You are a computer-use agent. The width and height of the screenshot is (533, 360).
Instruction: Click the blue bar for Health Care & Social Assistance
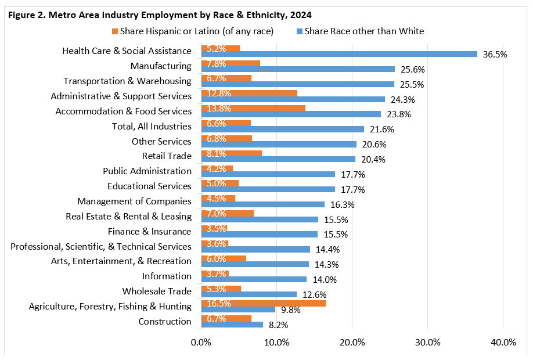(339, 54)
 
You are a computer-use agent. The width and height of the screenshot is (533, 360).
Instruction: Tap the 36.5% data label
(495, 55)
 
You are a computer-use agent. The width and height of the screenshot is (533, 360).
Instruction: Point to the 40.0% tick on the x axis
(503, 342)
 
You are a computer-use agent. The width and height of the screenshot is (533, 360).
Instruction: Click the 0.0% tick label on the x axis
(201, 342)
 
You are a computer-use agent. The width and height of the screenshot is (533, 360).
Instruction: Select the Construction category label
(165, 322)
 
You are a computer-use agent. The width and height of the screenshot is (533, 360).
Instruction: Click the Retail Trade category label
(167, 156)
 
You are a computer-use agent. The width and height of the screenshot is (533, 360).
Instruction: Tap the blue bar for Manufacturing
(298, 69)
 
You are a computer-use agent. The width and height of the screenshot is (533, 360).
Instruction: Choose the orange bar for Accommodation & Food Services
(253, 107)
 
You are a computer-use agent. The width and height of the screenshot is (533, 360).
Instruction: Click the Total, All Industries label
(151, 126)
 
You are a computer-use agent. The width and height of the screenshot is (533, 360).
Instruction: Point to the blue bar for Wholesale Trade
(249, 294)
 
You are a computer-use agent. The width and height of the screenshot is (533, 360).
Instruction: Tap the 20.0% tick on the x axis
(352, 342)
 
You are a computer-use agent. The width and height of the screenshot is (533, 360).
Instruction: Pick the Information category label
(167, 276)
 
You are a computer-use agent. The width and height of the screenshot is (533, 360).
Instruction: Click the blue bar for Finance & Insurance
(260, 234)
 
